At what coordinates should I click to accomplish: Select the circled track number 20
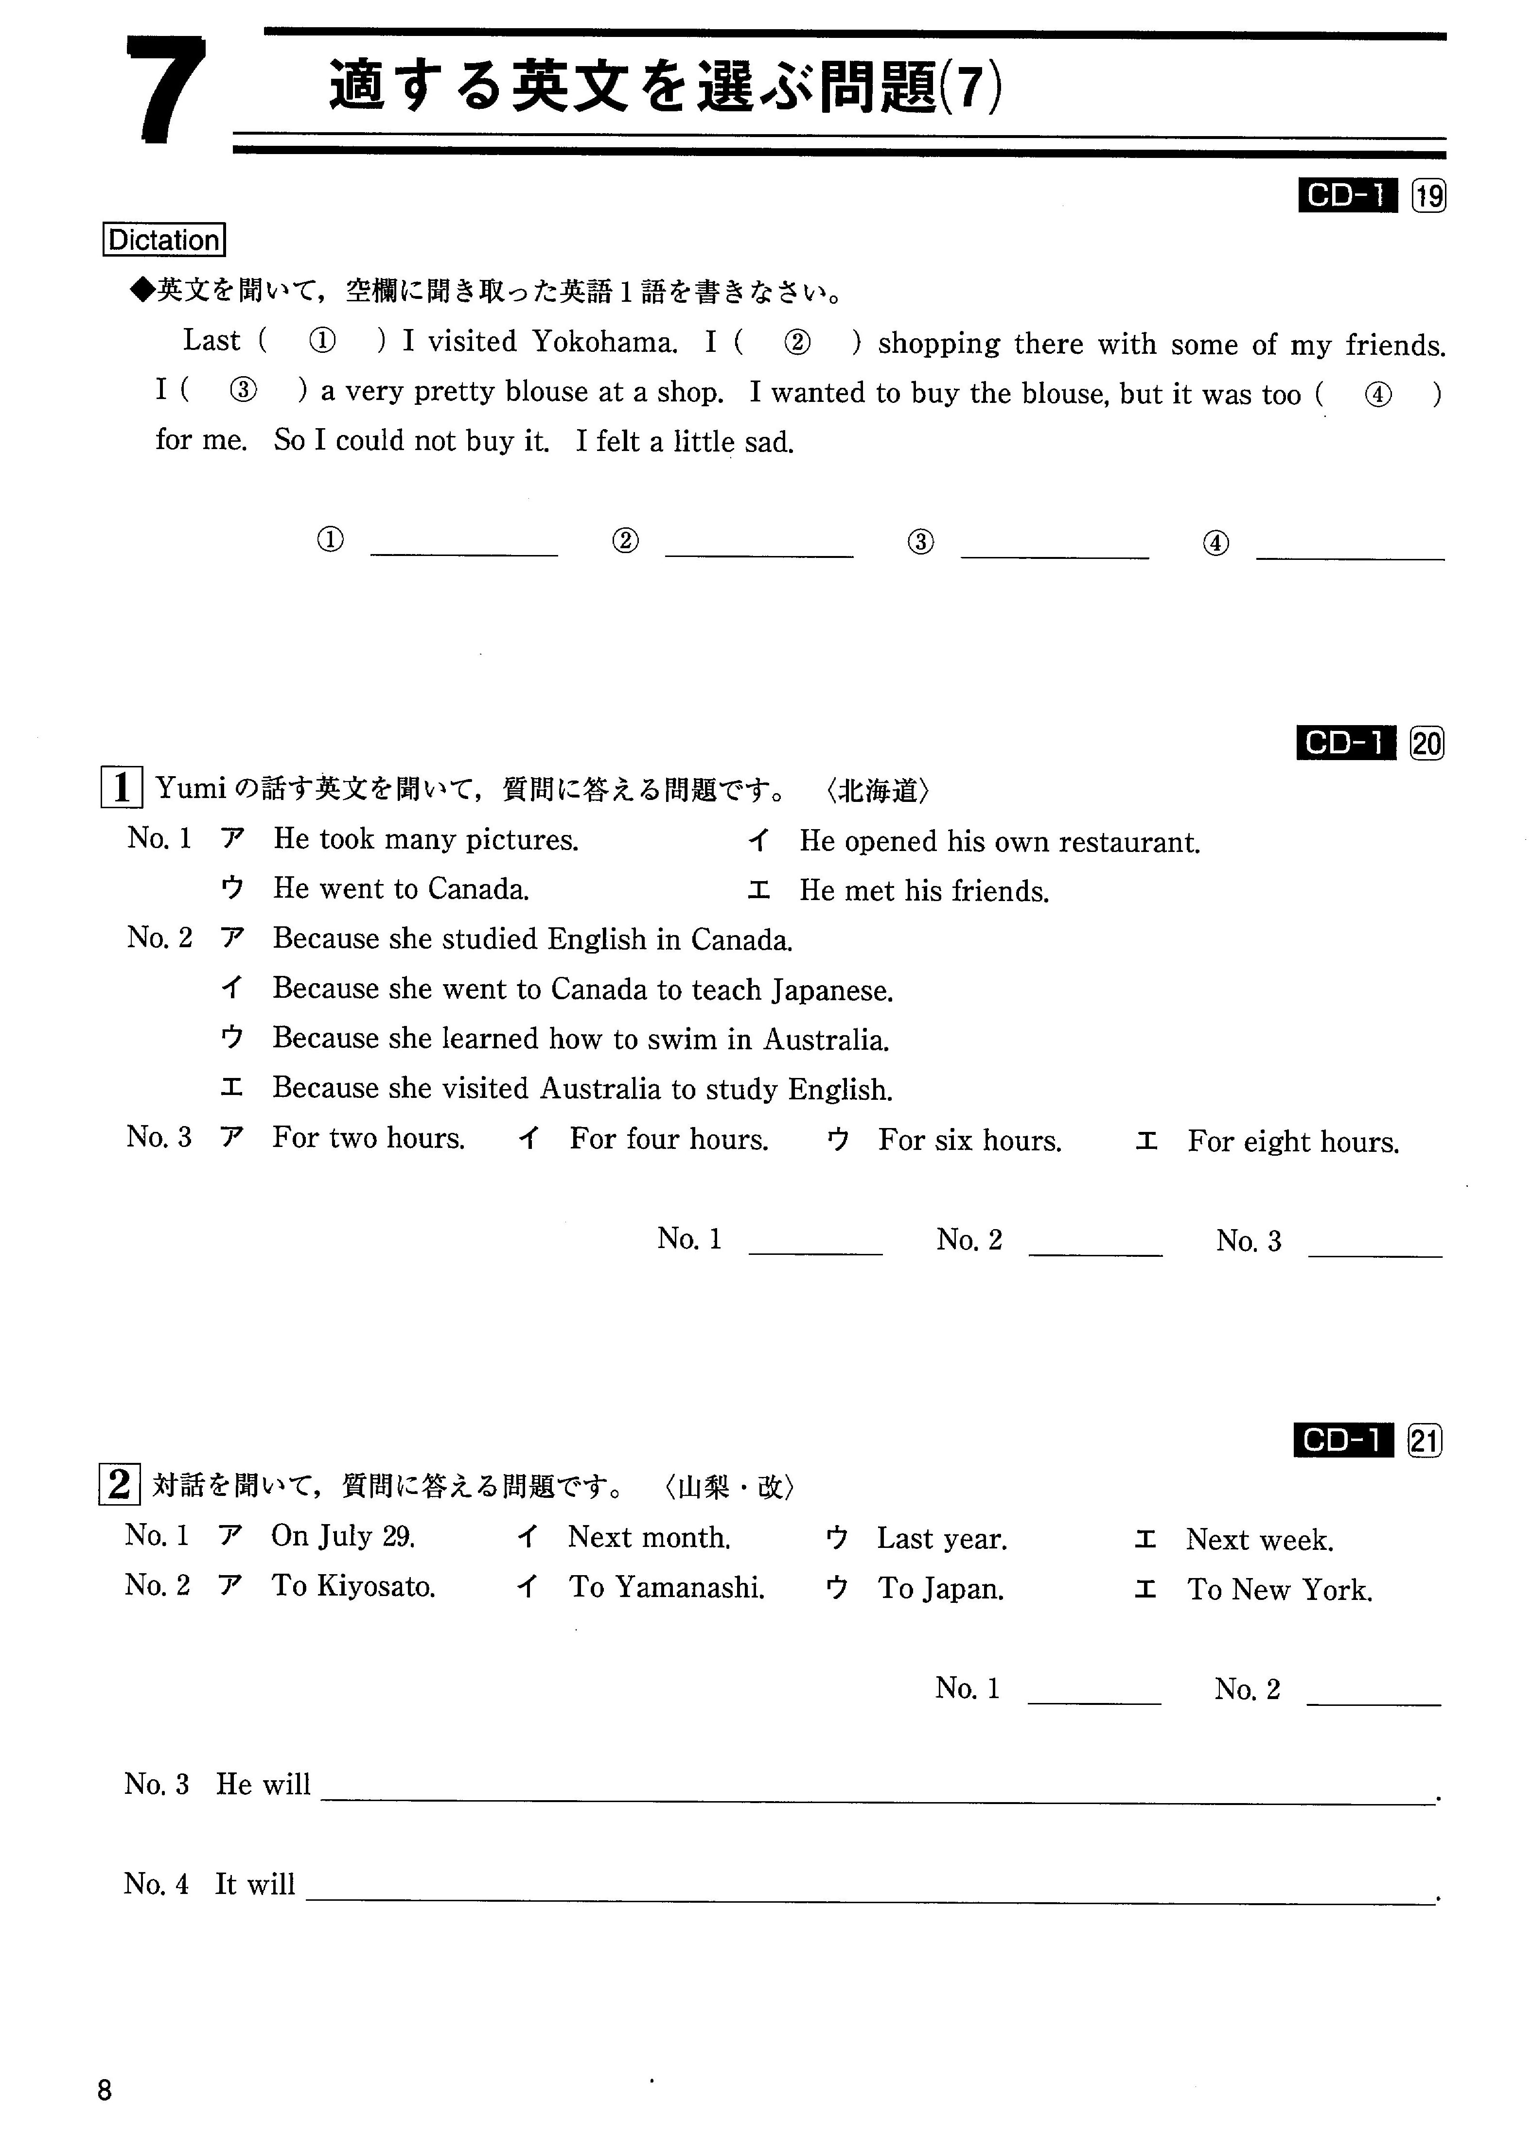point(1426,744)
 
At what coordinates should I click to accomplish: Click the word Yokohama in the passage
point(604,342)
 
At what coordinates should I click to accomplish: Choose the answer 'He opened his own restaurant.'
point(999,842)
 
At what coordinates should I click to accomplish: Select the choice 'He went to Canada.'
point(401,889)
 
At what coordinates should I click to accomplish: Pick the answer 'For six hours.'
point(969,1141)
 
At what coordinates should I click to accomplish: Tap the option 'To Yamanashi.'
point(666,1588)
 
